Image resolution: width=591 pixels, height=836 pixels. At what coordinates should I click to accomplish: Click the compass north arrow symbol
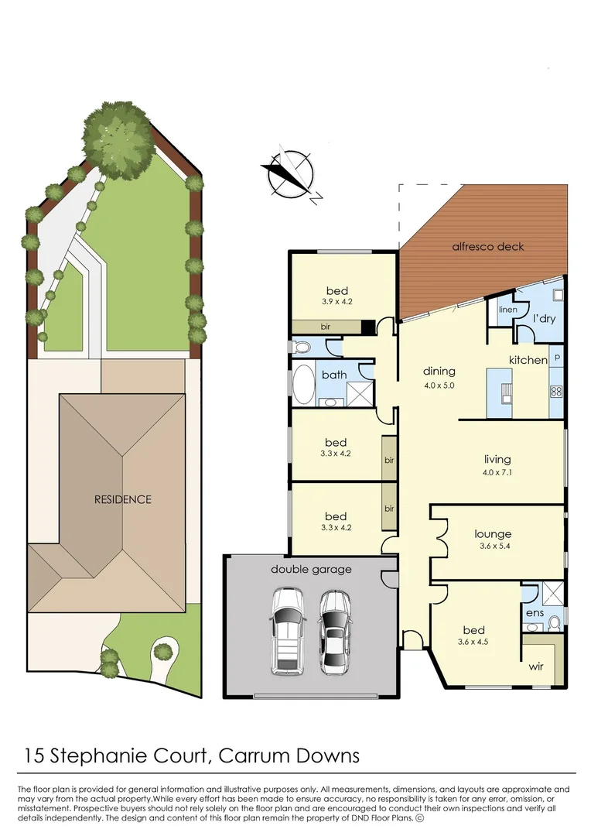point(290,174)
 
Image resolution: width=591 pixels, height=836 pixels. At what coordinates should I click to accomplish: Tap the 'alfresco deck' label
point(487,247)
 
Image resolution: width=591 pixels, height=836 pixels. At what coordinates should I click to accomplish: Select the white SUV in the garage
point(287,630)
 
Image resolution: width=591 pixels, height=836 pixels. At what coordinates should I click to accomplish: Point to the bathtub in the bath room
point(302,385)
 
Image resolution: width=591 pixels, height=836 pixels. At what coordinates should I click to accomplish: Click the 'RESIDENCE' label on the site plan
point(123,499)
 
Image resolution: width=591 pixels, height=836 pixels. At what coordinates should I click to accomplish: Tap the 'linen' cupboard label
point(507,310)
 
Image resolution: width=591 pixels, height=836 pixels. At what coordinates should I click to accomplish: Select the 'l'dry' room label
point(543,318)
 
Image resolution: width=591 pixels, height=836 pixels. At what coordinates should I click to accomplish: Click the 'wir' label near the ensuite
point(537,666)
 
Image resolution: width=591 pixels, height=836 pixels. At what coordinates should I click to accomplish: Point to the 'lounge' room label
point(493,534)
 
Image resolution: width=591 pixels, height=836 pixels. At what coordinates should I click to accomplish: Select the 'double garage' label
point(311,570)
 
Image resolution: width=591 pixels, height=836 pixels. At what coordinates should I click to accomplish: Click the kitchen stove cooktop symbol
point(556,391)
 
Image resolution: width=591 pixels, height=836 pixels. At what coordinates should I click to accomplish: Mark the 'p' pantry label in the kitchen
point(556,358)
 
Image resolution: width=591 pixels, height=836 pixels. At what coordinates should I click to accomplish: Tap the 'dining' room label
point(439,372)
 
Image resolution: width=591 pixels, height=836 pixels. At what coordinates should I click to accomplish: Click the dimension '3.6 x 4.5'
point(473,642)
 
